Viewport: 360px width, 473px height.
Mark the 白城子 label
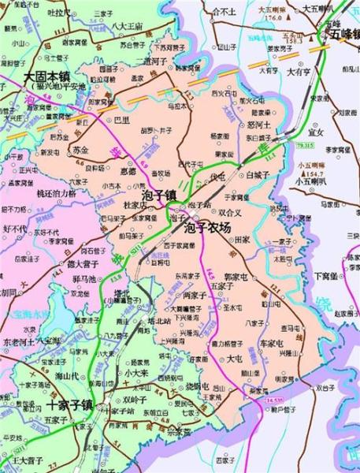(x=258, y=173)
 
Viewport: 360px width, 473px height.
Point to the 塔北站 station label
(x=161, y=321)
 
